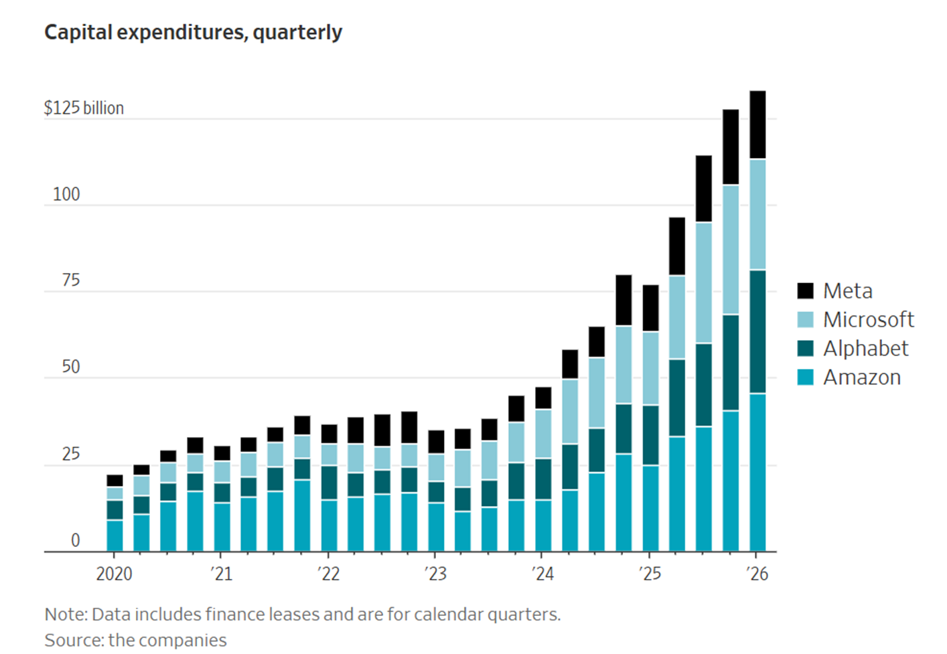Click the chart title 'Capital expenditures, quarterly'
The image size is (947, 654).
click(x=193, y=32)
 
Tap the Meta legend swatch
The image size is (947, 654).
click(x=806, y=291)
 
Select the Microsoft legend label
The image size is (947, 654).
click(x=868, y=319)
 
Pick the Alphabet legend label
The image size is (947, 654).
click(x=865, y=348)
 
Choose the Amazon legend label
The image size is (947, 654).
click(x=861, y=378)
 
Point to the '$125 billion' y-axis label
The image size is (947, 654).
click(x=84, y=108)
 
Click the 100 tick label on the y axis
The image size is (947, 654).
click(x=66, y=194)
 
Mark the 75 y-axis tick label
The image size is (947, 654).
click(x=70, y=280)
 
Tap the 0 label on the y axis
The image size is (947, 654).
click(x=75, y=540)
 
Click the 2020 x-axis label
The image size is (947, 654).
click(x=114, y=574)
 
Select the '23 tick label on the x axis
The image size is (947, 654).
click(x=435, y=574)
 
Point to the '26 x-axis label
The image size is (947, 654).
click(x=757, y=574)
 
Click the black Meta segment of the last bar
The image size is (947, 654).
click(x=757, y=125)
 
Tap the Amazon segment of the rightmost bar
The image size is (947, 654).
click(x=757, y=472)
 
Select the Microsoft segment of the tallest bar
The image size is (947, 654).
click(x=757, y=214)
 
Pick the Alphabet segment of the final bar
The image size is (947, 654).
click(x=757, y=331)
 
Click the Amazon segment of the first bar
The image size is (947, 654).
click(x=115, y=536)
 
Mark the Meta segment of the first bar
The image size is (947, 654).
click(x=115, y=481)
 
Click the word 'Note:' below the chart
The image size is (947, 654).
click(x=66, y=614)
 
